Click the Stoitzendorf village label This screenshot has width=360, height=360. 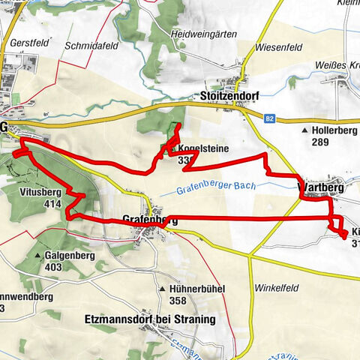coord(230,97)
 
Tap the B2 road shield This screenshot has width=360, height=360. coord(271,118)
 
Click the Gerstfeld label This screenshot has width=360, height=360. coord(29,43)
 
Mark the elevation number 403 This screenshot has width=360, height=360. coord(52,266)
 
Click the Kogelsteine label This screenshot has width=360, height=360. coord(203,148)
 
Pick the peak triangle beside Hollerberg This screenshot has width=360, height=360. coord(304,130)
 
